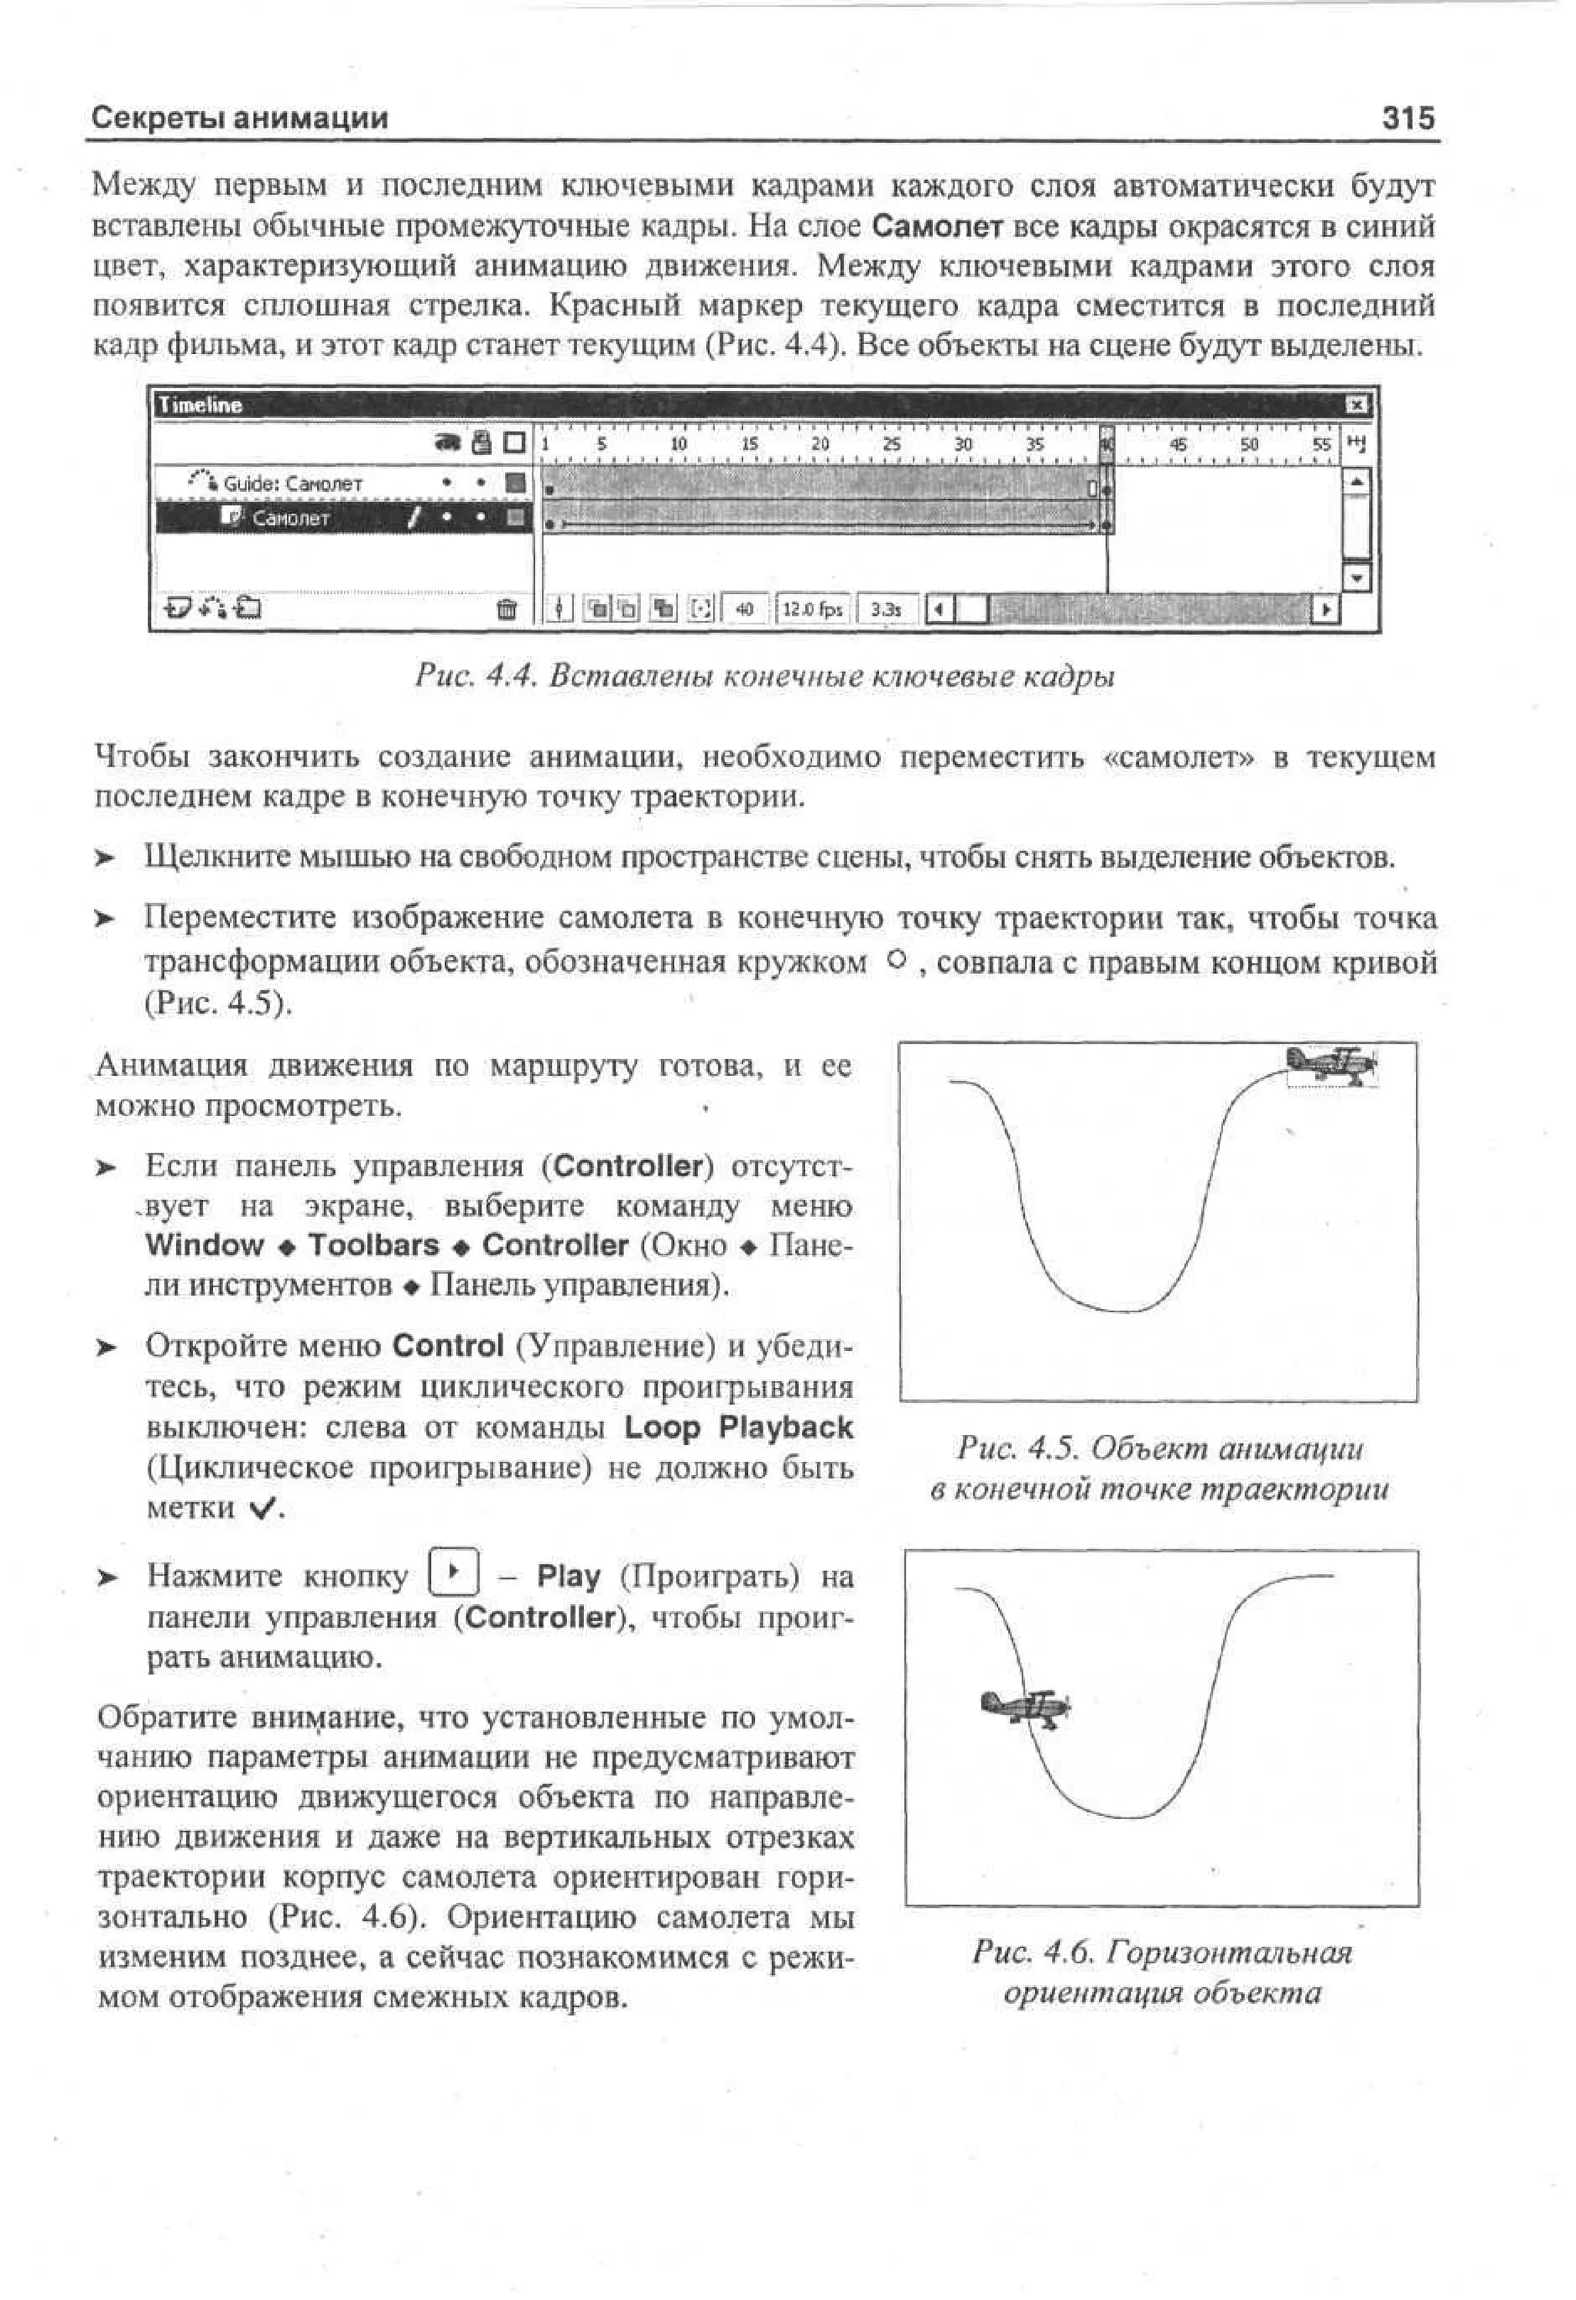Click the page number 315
tap(1407, 119)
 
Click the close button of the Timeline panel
tap(1357, 405)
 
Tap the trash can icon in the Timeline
tap(506, 609)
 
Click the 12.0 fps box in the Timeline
tap(811, 610)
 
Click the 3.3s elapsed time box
tap(886, 610)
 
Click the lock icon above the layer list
tap(482, 443)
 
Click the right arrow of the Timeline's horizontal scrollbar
tap(1324, 610)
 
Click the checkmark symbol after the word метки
tap(262, 1509)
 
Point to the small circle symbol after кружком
tap(897, 959)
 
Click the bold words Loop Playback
tap(738, 1427)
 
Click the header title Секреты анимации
tap(240, 119)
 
